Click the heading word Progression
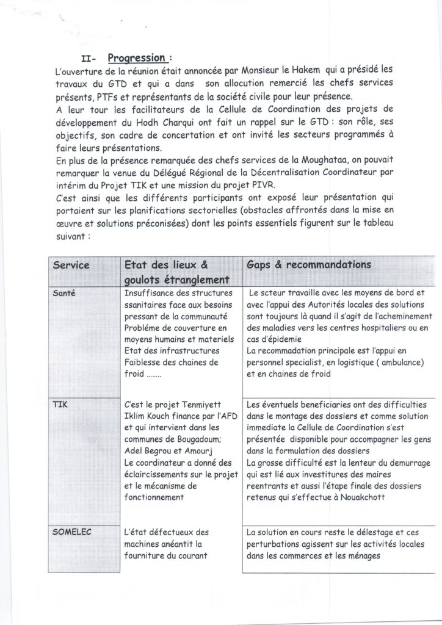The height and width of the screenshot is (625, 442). coord(137,58)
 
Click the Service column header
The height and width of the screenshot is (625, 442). coord(71,266)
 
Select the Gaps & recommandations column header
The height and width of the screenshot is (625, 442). coord(310,266)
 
